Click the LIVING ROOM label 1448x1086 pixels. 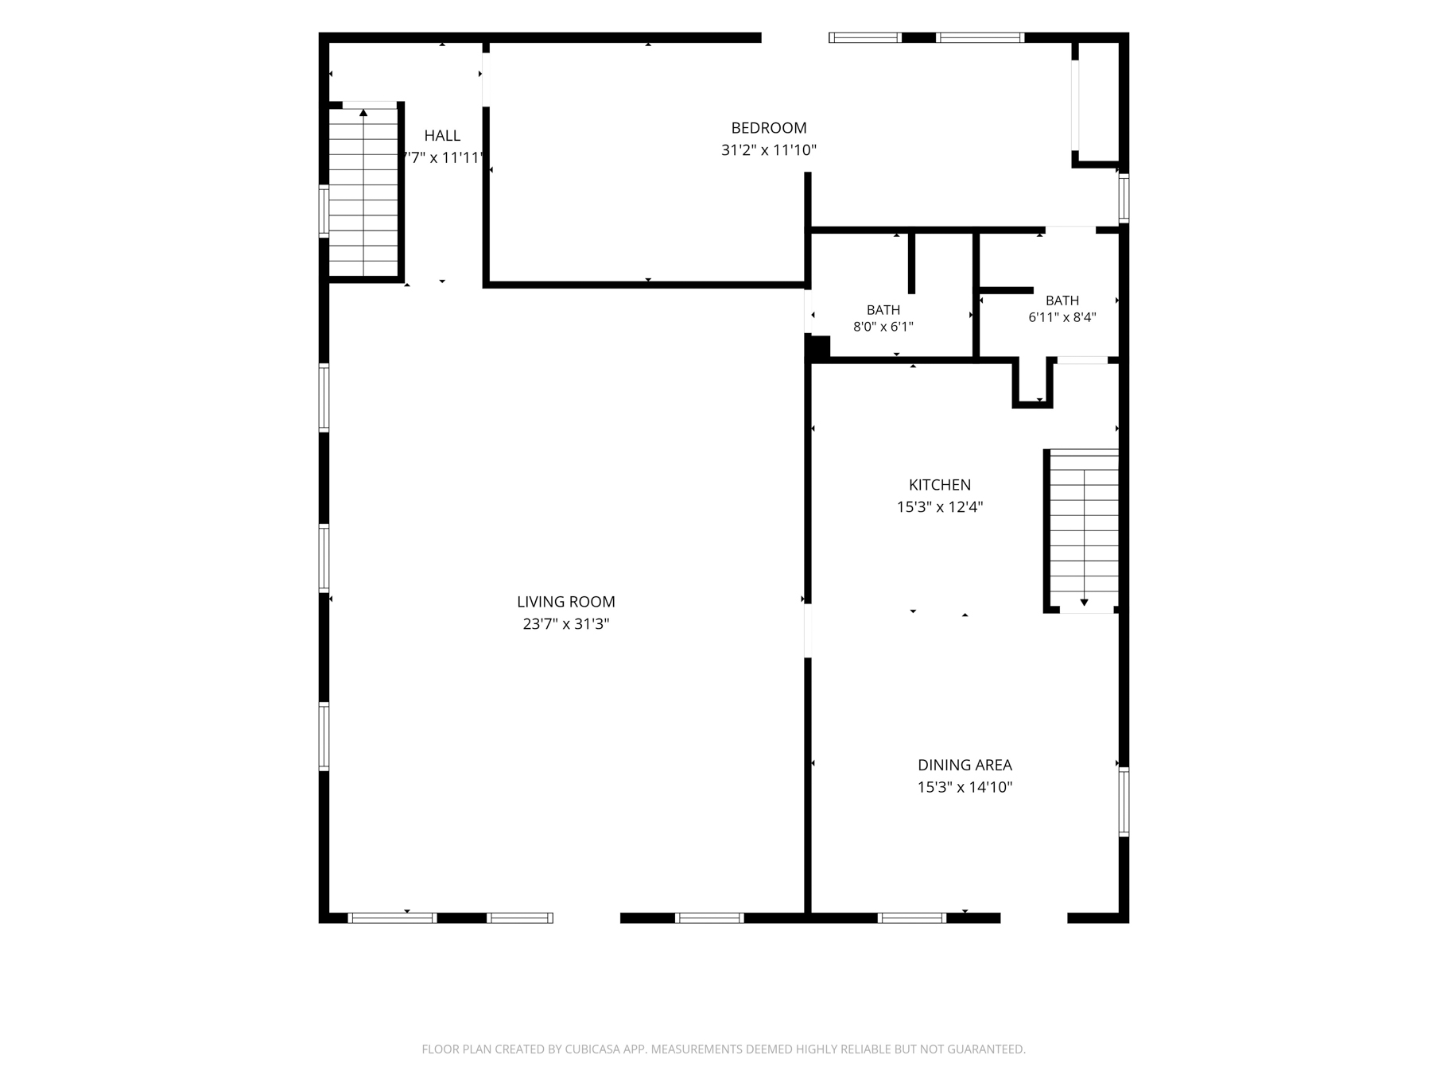[565, 602]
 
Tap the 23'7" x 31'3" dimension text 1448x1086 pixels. [565, 624]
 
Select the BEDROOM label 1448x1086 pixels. [769, 128]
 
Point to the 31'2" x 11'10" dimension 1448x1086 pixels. [769, 150]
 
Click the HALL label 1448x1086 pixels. [442, 135]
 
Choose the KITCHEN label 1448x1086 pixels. [940, 485]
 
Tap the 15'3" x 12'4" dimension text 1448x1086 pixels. [940, 507]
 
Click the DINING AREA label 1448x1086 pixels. [965, 765]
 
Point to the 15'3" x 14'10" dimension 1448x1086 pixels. [965, 787]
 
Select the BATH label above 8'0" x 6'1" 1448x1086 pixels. [883, 310]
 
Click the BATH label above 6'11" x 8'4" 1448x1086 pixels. [1062, 301]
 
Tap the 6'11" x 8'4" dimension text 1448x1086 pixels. [1062, 317]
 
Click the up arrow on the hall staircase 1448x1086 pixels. [363, 113]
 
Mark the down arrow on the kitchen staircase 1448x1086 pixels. [1084, 603]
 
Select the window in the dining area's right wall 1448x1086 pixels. [1124, 801]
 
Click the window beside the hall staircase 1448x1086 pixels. [324, 211]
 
